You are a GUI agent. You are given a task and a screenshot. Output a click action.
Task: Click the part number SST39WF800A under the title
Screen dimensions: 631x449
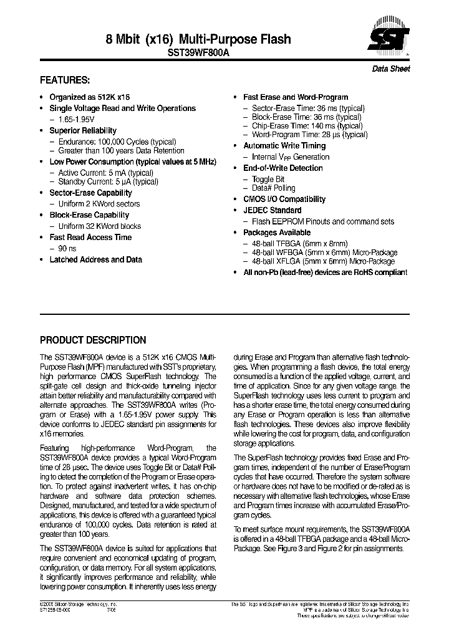198,53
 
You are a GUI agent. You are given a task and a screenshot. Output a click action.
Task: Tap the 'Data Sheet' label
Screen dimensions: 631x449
391,69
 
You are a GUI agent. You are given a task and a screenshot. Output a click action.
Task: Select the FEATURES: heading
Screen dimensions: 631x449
65,80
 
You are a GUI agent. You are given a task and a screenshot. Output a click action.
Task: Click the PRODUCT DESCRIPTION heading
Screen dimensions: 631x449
93,340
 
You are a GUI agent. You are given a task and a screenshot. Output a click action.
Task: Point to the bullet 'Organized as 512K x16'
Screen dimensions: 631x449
90,97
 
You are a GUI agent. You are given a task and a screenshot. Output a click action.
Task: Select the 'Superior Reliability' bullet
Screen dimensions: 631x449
83,130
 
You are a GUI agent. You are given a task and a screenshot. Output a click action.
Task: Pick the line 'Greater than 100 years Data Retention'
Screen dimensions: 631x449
121,151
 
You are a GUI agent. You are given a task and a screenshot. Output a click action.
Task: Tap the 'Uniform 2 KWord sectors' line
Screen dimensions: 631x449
99,204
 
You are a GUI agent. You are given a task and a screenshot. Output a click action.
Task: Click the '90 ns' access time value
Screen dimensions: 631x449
67,248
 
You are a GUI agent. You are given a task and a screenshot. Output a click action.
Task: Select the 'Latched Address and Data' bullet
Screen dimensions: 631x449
95,259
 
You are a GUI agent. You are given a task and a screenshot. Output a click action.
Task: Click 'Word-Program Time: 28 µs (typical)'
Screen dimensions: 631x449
309,135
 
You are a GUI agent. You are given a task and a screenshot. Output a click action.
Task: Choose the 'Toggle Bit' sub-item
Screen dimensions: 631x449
268,179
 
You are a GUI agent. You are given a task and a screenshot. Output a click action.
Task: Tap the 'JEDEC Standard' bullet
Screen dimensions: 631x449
272,210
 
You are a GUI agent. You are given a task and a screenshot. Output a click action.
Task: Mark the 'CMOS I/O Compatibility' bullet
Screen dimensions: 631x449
284,199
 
